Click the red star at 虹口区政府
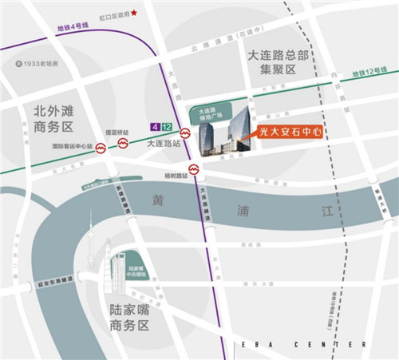pyautogui.click(x=134, y=13)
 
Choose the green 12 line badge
pyautogui.click(x=165, y=126)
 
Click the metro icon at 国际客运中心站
pyautogui.click(x=101, y=148)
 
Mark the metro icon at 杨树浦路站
pyautogui.click(x=193, y=169)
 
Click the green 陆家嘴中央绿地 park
pyautogui.click(x=136, y=265)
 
